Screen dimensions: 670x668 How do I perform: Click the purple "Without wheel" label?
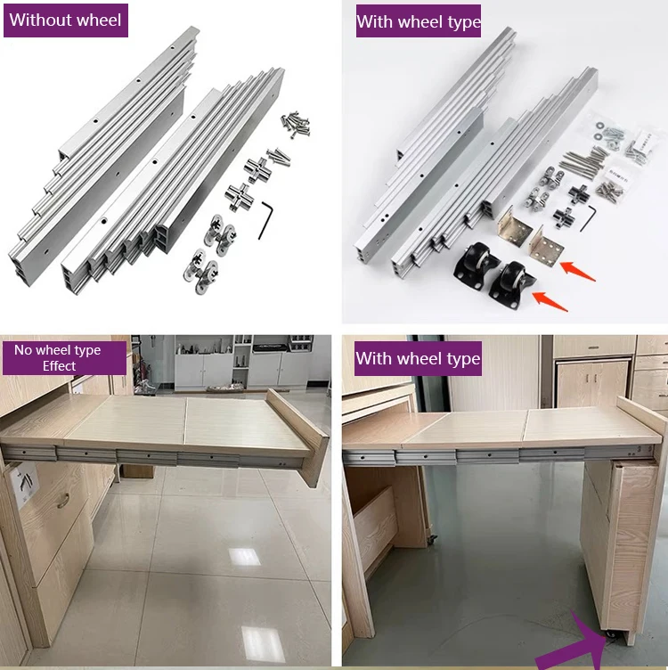tap(65, 20)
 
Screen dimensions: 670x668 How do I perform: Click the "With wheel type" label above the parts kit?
tap(418, 21)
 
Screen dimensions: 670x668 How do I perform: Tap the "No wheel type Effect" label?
tap(58, 357)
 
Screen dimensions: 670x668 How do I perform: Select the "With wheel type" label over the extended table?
tap(417, 359)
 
